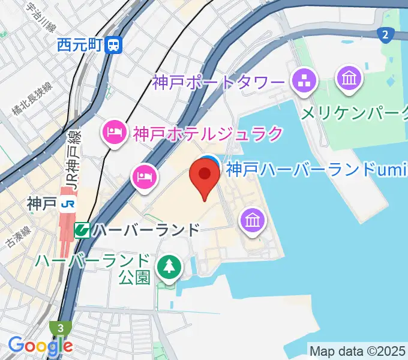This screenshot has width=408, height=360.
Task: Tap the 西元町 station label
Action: [80, 44]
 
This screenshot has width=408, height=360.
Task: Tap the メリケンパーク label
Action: [355, 113]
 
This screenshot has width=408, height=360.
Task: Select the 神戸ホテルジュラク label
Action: [208, 133]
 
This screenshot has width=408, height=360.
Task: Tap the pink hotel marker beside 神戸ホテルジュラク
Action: [114, 131]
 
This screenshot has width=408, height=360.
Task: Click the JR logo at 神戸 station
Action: [68, 204]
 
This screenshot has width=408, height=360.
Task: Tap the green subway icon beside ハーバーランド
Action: [82, 230]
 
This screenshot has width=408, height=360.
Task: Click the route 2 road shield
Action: [385, 35]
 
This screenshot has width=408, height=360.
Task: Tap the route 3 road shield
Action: [61, 328]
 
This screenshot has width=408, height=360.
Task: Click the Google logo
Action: [40, 346]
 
